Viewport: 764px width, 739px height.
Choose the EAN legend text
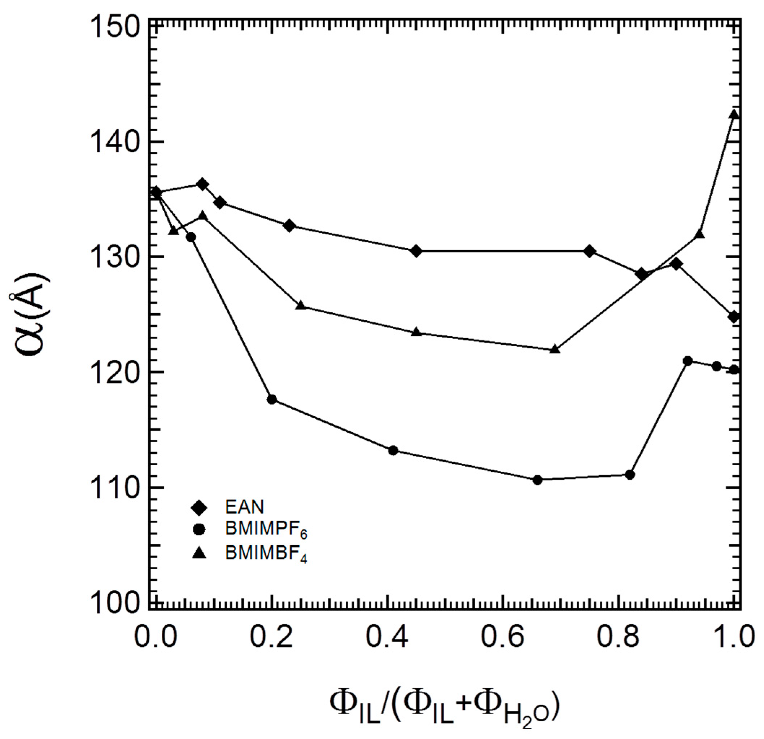tap(244, 507)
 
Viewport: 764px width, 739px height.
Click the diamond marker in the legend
tap(199, 507)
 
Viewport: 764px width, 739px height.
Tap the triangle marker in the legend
tap(199, 553)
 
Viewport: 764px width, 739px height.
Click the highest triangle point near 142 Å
tap(734, 114)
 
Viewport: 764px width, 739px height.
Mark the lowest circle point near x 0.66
tap(537, 480)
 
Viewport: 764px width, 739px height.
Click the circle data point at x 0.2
tap(272, 399)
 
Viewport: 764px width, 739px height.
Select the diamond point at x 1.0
tap(734, 317)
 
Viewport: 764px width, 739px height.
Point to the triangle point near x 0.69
tap(555, 349)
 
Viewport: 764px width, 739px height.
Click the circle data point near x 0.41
tap(393, 450)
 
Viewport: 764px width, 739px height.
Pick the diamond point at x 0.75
tap(589, 251)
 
